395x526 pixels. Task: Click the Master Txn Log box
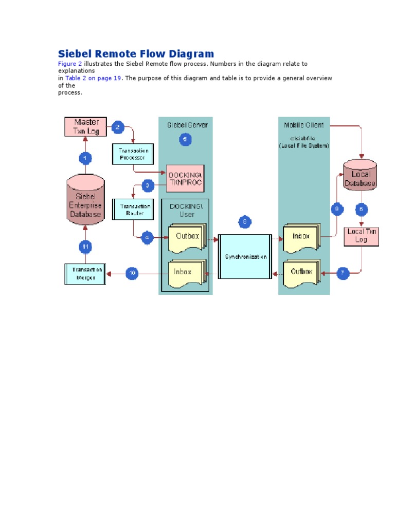point(85,127)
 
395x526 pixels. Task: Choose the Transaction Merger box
point(85,274)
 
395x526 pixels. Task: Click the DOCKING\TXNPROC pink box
point(185,178)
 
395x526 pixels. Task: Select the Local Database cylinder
point(360,174)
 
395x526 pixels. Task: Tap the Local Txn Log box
point(362,235)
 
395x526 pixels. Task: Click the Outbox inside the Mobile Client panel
point(301,273)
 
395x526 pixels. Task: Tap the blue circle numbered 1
point(85,158)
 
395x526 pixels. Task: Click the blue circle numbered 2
point(118,127)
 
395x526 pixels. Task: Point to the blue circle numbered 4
point(148,237)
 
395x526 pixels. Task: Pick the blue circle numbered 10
point(133,274)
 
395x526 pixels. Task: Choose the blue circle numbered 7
point(343,273)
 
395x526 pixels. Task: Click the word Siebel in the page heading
point(76,54)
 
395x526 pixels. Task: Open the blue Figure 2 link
point(69,64)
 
